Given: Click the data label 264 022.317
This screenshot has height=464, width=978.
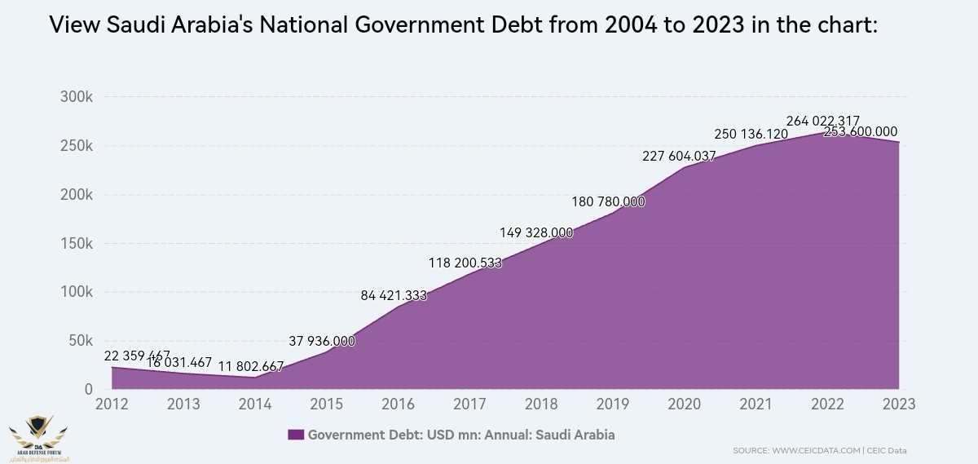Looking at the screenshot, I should pos(822,122).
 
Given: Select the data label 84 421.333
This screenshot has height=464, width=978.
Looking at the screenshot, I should pos(394,295).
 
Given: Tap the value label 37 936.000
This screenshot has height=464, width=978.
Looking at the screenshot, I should pos(322,341).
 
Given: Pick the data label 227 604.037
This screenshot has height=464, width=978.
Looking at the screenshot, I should pos(679,157).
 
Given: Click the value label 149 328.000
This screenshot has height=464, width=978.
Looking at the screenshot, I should pos(536,232).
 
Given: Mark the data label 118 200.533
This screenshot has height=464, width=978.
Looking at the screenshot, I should pos(465,263).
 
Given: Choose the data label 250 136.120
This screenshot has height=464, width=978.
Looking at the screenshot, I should pos(751,134).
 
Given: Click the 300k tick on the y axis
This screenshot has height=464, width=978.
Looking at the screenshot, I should pos(77,97).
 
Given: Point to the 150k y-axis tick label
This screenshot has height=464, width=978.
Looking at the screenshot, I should pos(77,243).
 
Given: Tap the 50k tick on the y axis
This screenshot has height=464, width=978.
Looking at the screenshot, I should pos(80,341).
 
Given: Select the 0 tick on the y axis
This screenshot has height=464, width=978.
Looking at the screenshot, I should pos(89,390).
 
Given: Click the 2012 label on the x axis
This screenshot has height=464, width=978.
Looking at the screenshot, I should pos(112,404).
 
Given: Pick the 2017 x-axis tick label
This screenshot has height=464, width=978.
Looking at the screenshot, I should pos(469,404).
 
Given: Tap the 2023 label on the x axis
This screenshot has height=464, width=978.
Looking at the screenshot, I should pos(898,404).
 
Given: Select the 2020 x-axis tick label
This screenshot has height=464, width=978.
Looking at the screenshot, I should pos(684,404).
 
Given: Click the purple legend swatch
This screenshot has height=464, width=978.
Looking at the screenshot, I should pos(296,435).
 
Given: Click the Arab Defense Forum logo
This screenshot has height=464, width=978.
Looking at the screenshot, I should pos(38,436).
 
